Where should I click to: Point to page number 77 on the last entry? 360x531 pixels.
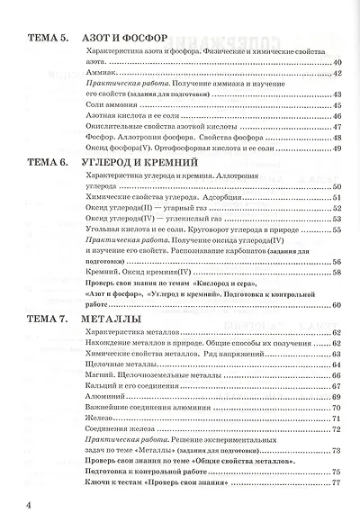(337, 484)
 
